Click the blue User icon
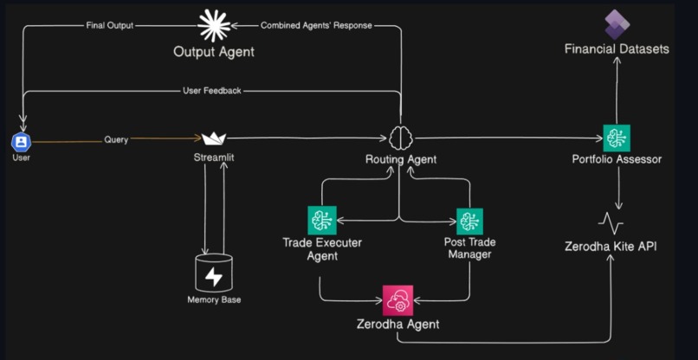(x=21, y=141)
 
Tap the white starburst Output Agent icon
(x=214, y=26)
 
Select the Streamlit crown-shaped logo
(x=214, y=138)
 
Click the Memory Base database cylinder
(x=214, y=273)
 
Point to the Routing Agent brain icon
(x=400, y=138)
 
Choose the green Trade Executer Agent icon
(x=321, y=221)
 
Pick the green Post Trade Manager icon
(x=469, y=222)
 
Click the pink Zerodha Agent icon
(x=397, y=299)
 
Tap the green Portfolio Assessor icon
(x=617, y=138)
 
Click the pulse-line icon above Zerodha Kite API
(x=617, y=222)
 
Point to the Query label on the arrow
(x=116, y=139)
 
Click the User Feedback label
(x=212, y=90)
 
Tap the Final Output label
(x=110, y=25)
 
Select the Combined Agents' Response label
(x=316, y=25)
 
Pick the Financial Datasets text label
(x=617, y=49)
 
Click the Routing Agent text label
(x=400, y=159)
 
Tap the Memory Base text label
(x=214, y=299)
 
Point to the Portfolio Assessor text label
(x=617, y=159)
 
